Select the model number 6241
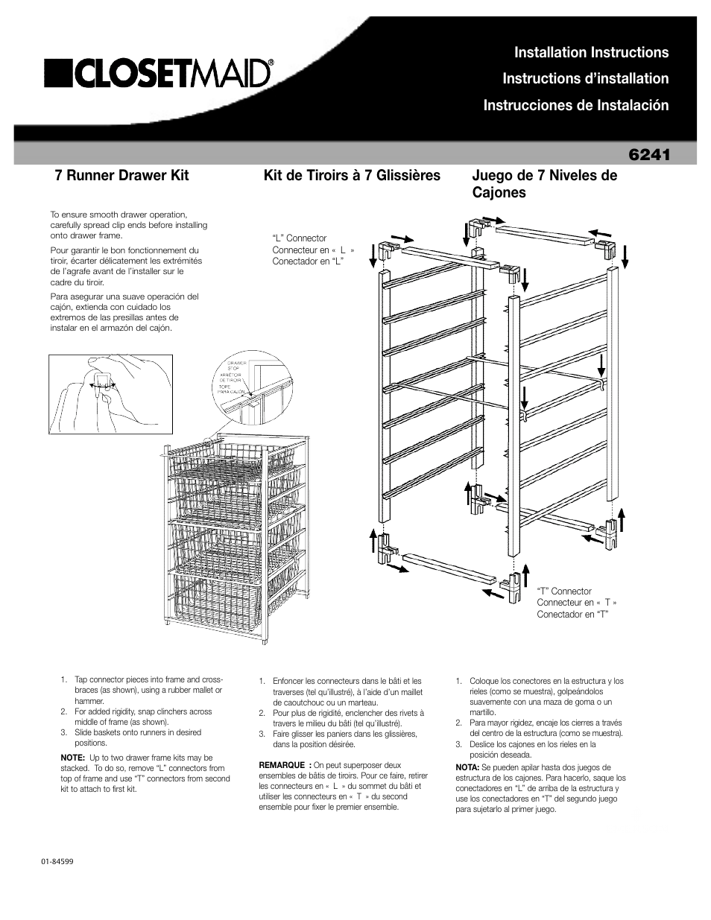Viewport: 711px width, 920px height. coord(649,154)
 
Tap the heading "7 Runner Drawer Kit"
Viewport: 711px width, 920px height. coord(121,176)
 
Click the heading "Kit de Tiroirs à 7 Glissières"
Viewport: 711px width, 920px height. coord(352,176)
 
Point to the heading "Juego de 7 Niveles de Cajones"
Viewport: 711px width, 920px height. coord(544,184)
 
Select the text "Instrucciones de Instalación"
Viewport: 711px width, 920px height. coord(575,105)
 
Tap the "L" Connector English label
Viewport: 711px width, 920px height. coord(300,239)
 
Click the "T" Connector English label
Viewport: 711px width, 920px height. coord(564,591)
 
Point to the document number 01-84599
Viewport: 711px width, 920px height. coord(57,860)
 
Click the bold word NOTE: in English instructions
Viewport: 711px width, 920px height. coord(72,758)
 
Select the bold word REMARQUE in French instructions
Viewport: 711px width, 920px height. coord(282,765)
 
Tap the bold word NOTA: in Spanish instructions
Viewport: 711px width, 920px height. coord(467,767)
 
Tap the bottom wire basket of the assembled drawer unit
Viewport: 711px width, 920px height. coord(216,596)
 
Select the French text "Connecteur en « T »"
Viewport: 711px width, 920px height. coord(577,603)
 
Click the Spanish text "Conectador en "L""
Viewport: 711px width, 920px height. coord(307,263)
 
